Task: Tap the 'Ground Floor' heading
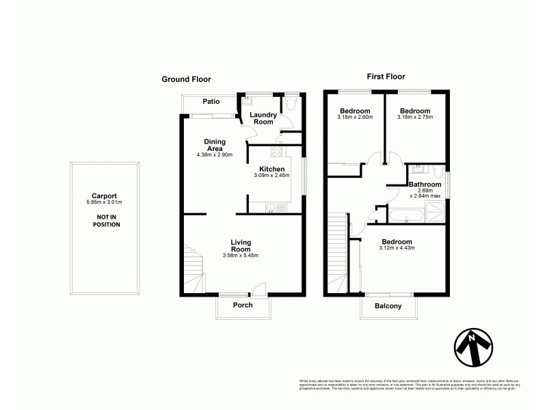[x=186, y=79]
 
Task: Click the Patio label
[x=210, y=102]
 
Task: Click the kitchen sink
[x=271, y=209]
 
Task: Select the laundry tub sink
[x=247, y=100]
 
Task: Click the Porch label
[x=243, y=305]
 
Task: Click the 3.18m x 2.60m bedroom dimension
[x=355, y=117]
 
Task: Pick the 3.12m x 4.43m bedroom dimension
[x=397, y=247]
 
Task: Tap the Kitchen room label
[x=271, y=169]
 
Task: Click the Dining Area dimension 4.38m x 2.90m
[x=215, y=154]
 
